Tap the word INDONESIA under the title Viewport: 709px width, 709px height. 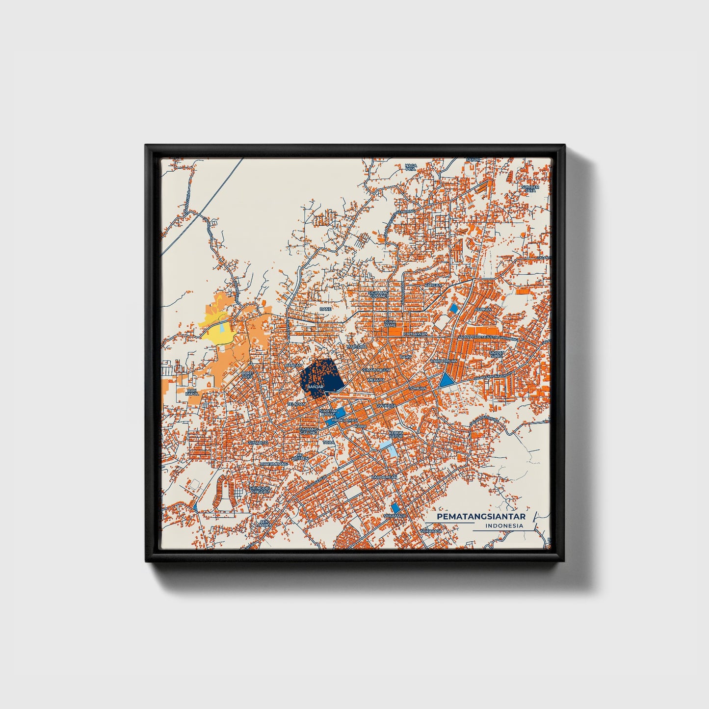pyautogui.click(x=503, y=525)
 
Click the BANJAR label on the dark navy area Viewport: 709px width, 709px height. pyautogui.click(x=316, y=387)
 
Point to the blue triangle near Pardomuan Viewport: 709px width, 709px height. pyautogui.click(x=446, y=380)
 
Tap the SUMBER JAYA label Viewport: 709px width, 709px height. pyautogui.click(x=530, y=188)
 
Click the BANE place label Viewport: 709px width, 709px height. pyautogui.click(x=325, y=309)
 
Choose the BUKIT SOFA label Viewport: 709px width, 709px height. pyautogui.click(x=247, y=375)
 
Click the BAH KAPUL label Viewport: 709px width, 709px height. pyautogui.click(x=192, y=392)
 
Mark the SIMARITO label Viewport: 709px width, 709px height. pyautogui.click(x=258, y=443)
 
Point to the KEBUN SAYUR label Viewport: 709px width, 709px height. pyautogui.click(x=395, y=434)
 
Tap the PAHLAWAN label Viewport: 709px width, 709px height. pyautogui.click(x=415, y=334)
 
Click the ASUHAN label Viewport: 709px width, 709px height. pyautogui.click(x=483, y=310)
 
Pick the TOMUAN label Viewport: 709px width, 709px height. pyautogui.click(x=418, y=388)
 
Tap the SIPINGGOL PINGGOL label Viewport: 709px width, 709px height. pyautogui.click(x=260, y=490)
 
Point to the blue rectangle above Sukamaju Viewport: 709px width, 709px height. pyautogui.click(x=395, y=508)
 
